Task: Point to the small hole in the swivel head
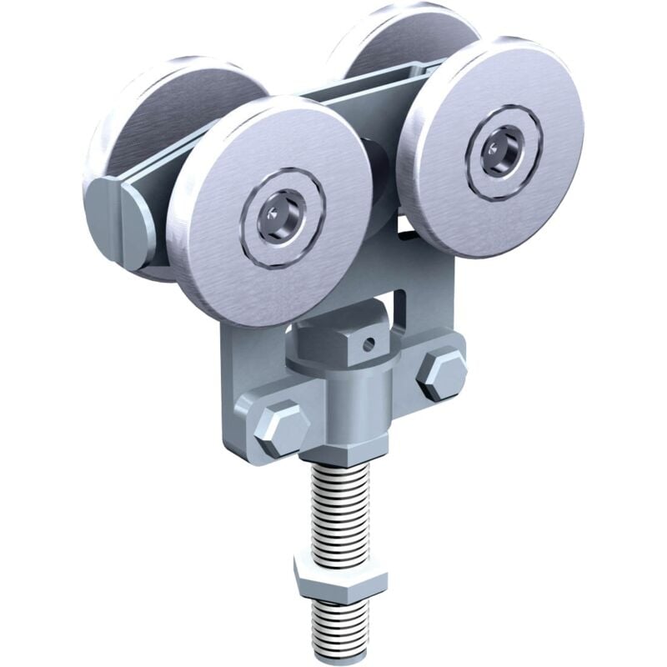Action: coord(365,340)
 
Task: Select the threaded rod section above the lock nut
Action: coord(340,509)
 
